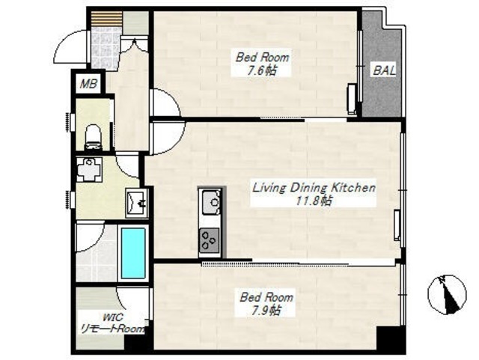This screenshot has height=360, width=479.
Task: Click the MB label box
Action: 88,83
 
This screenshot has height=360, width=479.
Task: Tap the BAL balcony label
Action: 384,70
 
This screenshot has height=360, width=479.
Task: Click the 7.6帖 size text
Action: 262,71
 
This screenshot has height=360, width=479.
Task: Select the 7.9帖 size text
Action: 266,311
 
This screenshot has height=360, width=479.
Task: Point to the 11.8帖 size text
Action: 314,201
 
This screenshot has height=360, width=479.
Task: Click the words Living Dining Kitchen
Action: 314,187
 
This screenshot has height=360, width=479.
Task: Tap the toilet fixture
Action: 93,137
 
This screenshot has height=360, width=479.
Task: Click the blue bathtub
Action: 133,253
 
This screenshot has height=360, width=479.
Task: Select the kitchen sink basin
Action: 210,201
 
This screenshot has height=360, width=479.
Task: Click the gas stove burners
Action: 210,240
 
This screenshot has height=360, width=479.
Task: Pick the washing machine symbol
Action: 89,169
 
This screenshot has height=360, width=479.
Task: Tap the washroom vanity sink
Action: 137,202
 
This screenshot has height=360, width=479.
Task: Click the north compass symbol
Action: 447,294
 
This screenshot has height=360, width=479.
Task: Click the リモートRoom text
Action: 112,329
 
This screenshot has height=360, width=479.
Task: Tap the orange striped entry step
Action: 106,19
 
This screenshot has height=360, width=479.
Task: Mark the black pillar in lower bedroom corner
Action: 390,338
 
